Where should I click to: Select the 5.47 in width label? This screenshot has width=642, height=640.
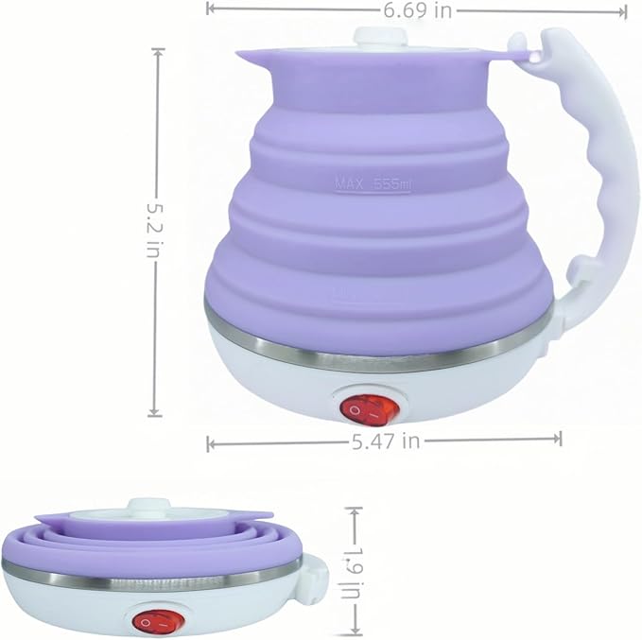pyautogui.click(x=384, y=440)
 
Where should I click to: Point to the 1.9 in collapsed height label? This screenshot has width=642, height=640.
pyautogui.click(x=355, y=571)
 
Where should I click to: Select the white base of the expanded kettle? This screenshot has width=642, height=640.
pyautogui.click(x=284, y=378)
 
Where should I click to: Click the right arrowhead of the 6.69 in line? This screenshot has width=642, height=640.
pyautogui.click(x=624, y=11)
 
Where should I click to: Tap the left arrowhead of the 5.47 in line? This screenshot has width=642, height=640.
pyautogui.click(x=211, y=441)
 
